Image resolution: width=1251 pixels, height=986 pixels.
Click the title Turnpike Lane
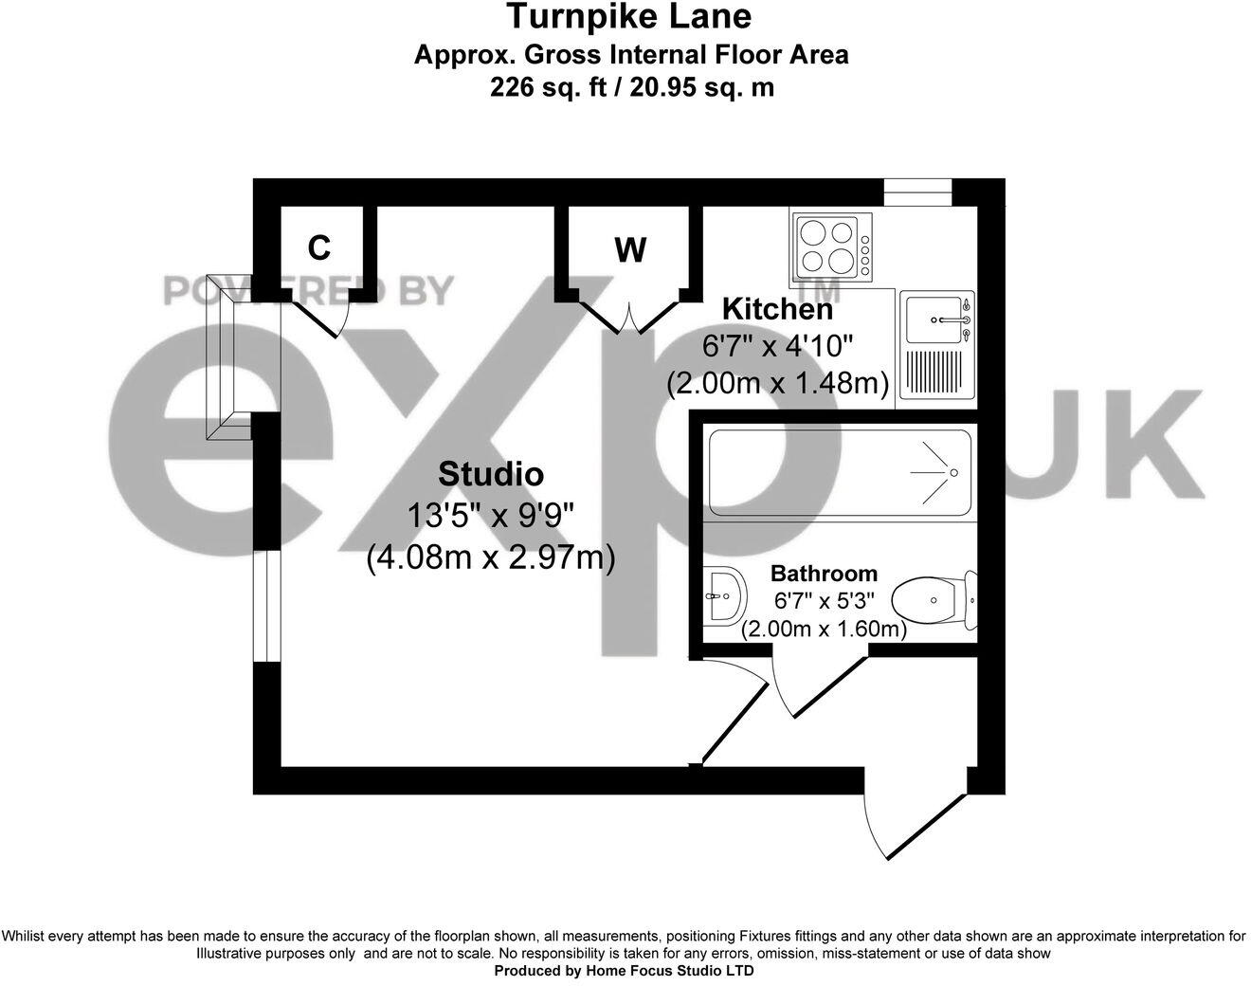629,16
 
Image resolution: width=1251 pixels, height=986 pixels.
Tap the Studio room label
490,473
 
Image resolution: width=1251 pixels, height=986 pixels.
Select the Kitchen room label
777,309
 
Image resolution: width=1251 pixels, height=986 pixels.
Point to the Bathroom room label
823,574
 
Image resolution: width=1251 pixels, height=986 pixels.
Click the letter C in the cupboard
319,247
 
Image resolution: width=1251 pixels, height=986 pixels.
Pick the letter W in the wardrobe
630,250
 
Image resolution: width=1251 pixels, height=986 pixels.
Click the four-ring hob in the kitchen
829,246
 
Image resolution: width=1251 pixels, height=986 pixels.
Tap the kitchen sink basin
934,320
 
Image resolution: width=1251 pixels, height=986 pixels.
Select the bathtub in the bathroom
839,471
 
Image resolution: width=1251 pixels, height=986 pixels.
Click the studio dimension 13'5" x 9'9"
490,517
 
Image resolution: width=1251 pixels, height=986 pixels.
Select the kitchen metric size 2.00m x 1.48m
777,384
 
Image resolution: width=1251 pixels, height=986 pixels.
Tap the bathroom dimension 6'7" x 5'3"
823,601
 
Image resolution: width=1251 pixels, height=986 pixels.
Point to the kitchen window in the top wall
917,191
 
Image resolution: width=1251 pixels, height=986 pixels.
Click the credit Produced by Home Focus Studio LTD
625,971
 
